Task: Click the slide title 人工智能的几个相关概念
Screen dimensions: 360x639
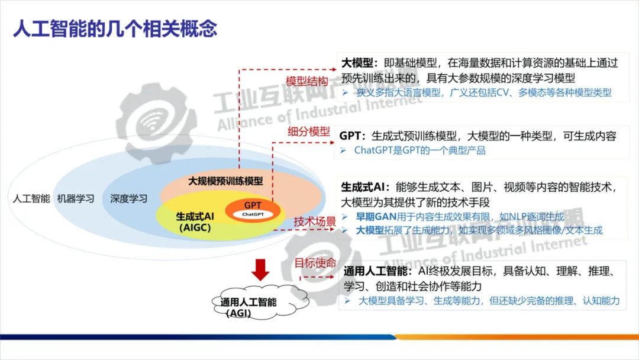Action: point(115,28)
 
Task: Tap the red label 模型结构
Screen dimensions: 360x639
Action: point(307,81)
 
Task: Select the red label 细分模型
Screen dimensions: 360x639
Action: point(309,132)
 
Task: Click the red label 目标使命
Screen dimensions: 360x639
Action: point(315,263)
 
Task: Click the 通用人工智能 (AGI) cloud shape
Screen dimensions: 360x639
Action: point(248,304)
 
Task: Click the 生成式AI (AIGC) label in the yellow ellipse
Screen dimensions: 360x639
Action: point(195,221)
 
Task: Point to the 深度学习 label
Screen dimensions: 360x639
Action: point(128,199)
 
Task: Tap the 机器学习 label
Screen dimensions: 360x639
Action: point(76,199)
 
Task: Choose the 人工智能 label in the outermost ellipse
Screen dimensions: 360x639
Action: point(31,199)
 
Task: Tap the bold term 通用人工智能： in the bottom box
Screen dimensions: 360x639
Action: point(377,272)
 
